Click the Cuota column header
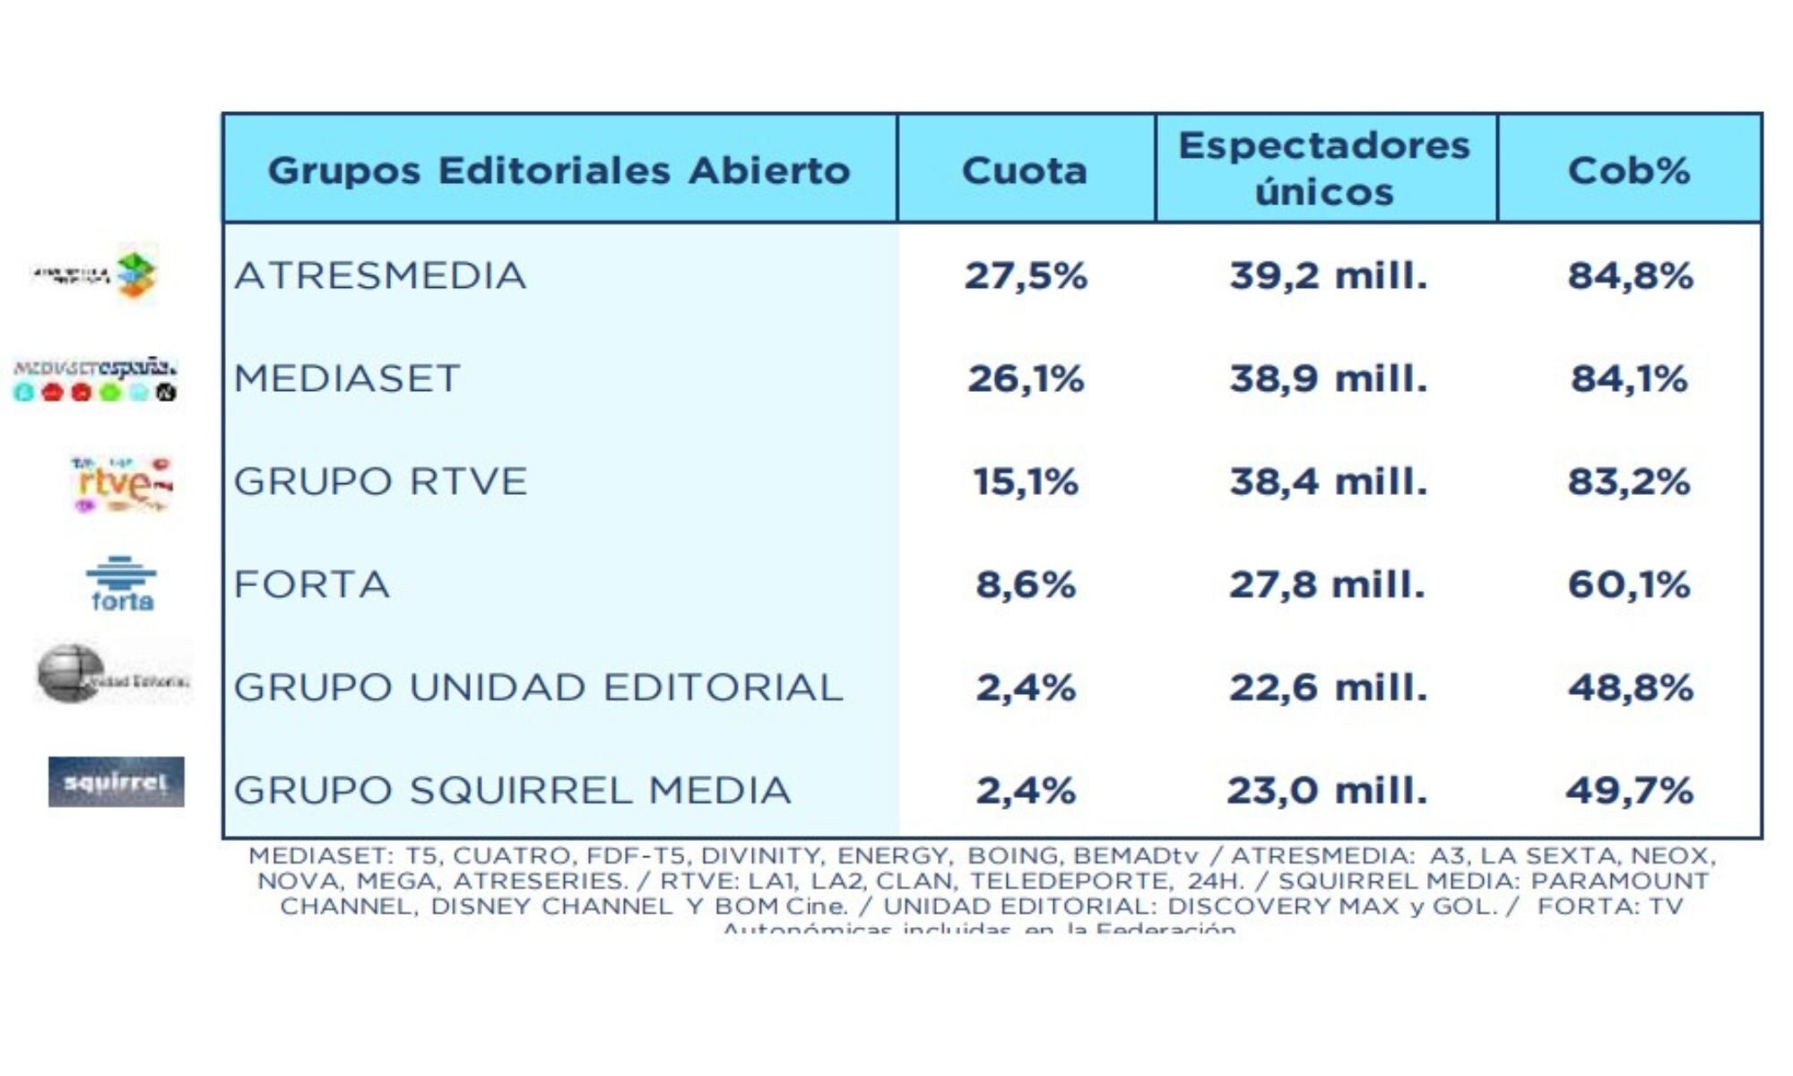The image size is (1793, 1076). (1025, 170)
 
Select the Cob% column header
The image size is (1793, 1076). (1629, 170)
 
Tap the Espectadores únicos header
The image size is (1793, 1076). (1324, 169)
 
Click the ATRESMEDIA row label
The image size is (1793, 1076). (380, 276)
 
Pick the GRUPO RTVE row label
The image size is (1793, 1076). (380, 482)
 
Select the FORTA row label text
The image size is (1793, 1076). (312, 586)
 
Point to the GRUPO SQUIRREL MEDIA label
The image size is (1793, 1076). (512, 791)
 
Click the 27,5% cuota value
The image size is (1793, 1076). (1026, 276)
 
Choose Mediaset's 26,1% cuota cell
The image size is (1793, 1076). (1026, 379)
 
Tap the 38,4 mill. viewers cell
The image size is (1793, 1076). (1328, 482)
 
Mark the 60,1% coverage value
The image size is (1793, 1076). (1629, 586)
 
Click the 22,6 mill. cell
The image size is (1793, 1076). (1328, 689)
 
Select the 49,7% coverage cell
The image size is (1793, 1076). (1629, 791)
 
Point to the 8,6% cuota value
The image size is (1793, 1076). (1026, 586)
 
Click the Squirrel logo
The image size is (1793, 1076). (117, 782)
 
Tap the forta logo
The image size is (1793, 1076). (122, 584)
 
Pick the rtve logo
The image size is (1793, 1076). (121, 484)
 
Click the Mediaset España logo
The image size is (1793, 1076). (95, 379)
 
